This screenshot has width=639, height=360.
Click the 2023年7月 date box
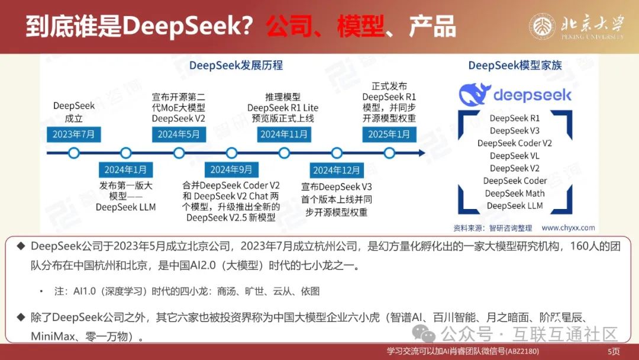click(73, 134)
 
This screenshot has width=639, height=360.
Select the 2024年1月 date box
click(125, 170)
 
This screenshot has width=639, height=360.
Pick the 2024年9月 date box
click(231, 170)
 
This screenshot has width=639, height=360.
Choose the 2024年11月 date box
click(284, 134)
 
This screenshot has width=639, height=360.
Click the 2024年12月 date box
click(337, 171)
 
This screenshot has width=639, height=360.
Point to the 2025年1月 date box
click(389, 134)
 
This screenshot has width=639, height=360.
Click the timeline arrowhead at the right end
click(421, 153)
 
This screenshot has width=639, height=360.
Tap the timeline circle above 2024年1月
click(125, 153)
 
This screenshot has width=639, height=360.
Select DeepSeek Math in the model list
click(515, 194)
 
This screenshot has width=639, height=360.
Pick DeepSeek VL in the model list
click(515, 156)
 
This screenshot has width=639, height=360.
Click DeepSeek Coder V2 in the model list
click(515, 143)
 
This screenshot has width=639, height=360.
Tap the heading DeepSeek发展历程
click(235, 65)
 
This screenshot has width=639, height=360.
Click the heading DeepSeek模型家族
click(515, 65)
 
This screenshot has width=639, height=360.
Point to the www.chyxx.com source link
click(568, 227)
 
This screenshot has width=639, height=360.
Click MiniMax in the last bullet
click(52, 336)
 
